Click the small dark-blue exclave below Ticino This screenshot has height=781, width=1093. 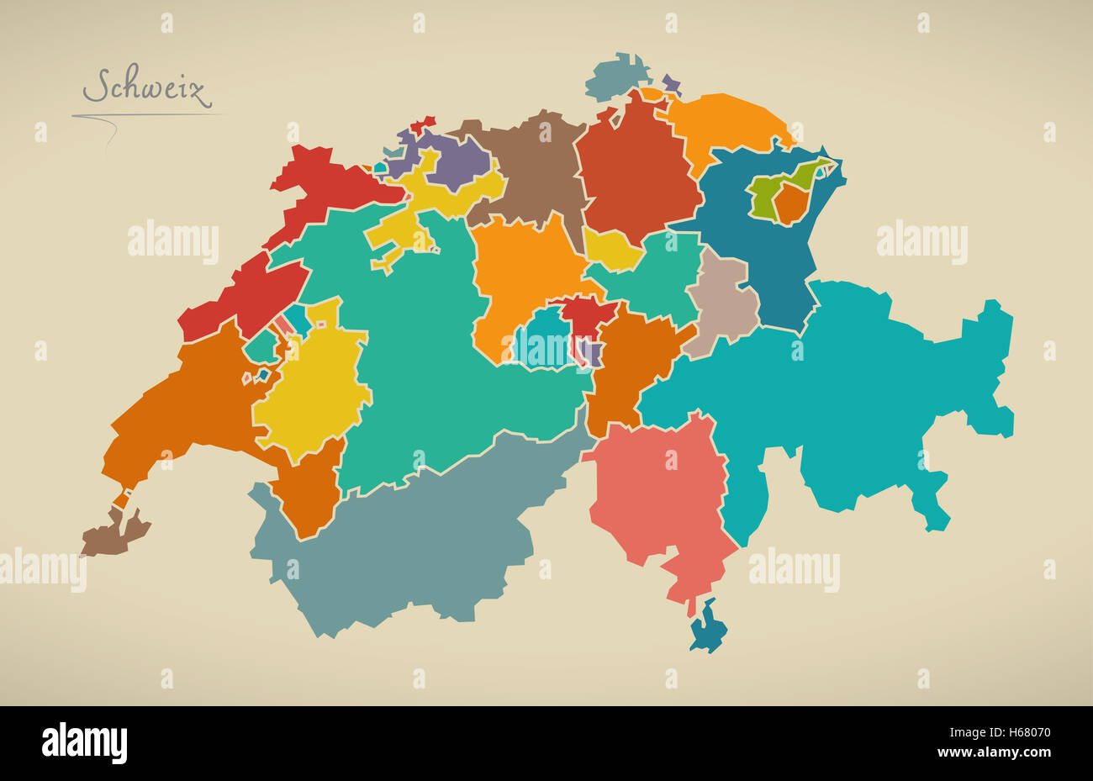707,627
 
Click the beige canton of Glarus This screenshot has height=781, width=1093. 723,303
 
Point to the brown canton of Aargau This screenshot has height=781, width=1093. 530,168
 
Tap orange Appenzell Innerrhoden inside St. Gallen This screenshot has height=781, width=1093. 789,204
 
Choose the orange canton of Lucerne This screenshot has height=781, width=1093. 521,277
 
